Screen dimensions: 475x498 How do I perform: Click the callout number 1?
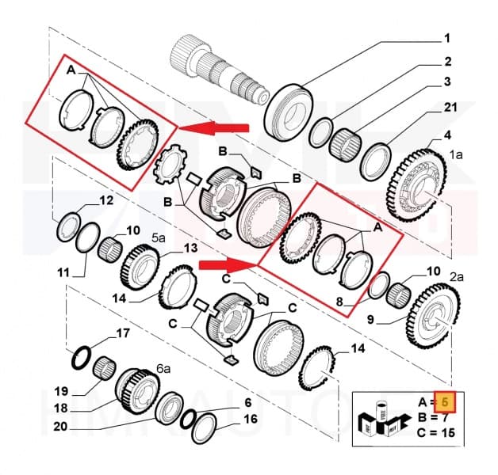(x=446, y=37)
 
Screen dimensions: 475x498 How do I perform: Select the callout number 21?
(x=450, y=107)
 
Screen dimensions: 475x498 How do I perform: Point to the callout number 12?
(x=106, y=200)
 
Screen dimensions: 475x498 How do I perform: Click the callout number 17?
(x=122, y=333)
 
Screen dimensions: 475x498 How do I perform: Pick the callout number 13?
(x=190, y=249)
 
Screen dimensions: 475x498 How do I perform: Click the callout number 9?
(x=370, y=320)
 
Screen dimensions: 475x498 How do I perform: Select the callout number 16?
(x=251, y=420)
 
